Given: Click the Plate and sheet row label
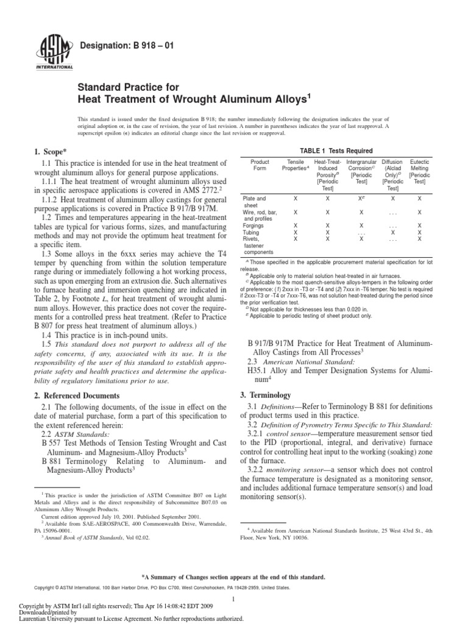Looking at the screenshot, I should tap(255, 202).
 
